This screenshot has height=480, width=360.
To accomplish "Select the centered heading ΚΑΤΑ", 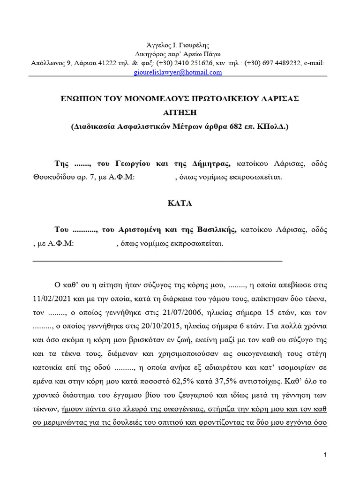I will click(x=180, y=203).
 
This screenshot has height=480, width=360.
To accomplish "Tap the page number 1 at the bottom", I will click(x=325, y=455).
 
